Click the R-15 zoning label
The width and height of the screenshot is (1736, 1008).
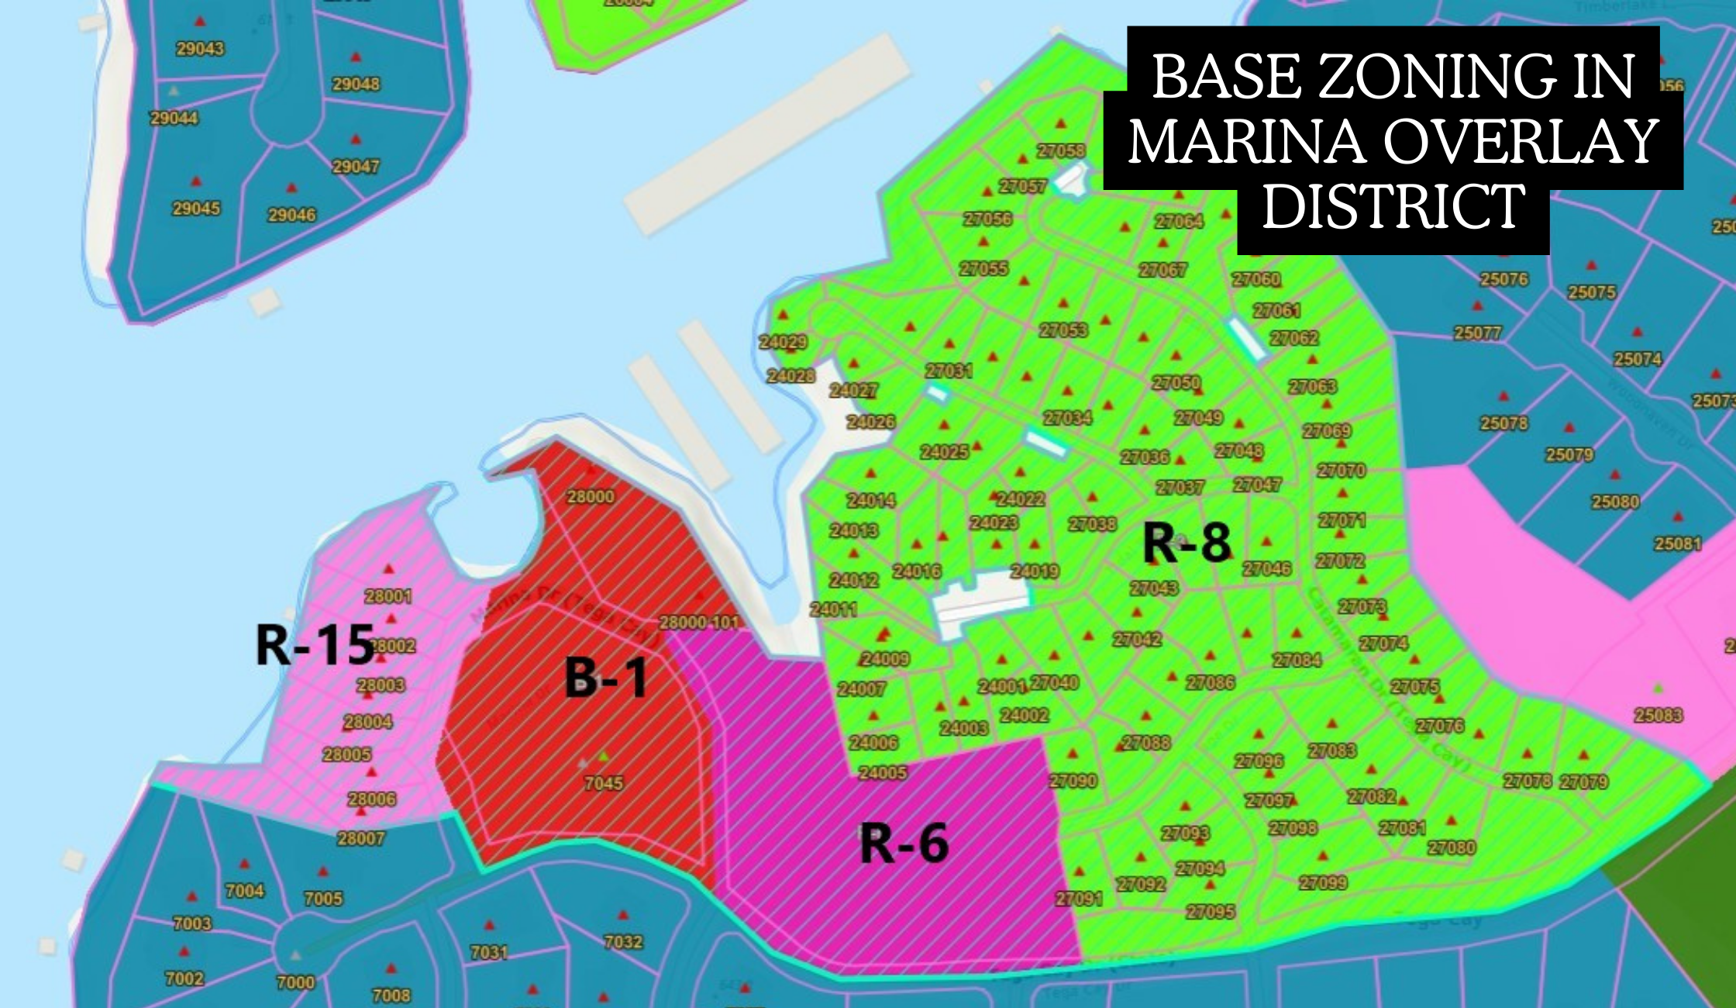click(x=315, y=645)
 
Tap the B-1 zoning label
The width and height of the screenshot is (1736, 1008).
click(x=605, y=678)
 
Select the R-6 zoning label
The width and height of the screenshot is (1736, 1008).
click(x=904, y=844)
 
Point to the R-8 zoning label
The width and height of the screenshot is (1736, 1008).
click(x=1187, y=542)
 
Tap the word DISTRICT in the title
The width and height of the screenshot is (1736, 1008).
click(x=1393, y=207)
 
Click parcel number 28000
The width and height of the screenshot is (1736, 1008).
click(x=591, y=497)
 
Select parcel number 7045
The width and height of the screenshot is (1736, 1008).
click(x=604, y=783)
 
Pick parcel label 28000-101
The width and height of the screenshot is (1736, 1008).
click(x=699, y=623)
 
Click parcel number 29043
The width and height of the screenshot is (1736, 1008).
click(x=200, y=49)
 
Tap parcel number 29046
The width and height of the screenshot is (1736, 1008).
click(x=291, y=215)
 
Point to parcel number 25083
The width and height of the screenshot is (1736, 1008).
click(x=1658, y=715)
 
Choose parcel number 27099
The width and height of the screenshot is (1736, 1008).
click(x=1323, y=882)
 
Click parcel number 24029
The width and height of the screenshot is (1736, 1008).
click(x=783, y=342)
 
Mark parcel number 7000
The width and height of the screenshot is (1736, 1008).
click(x=296, y=982)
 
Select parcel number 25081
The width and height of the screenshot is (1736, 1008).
click(x=1678, y=544)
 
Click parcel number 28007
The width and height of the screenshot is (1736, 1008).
click(x=361, y=838)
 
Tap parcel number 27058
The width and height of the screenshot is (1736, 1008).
click(x=1061, y=150)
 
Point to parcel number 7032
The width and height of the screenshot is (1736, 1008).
click(x=623, y=941)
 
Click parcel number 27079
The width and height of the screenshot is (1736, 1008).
click(x=1584, y=782)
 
